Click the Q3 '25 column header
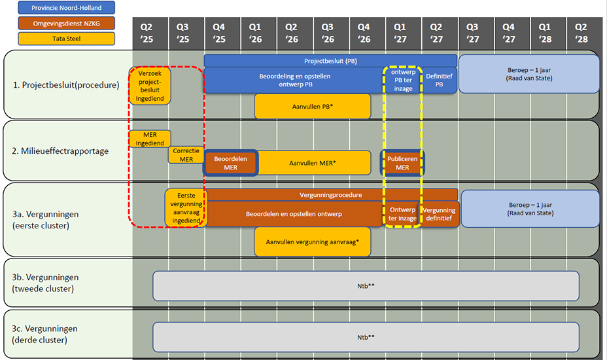click(183, 33)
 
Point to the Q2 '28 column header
click(581, 33)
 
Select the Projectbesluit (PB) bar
click(330, 61)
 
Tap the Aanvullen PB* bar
click(313, 106)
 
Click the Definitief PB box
click(439, 80)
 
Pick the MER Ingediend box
click(150, 139)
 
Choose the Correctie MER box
click(186, 154)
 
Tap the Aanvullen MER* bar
click(313, 163)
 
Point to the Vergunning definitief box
click(439, 214)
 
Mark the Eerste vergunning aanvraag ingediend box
click(186, 208)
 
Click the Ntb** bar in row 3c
click(366, 337)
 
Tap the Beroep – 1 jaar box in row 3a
click(530, 209)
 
